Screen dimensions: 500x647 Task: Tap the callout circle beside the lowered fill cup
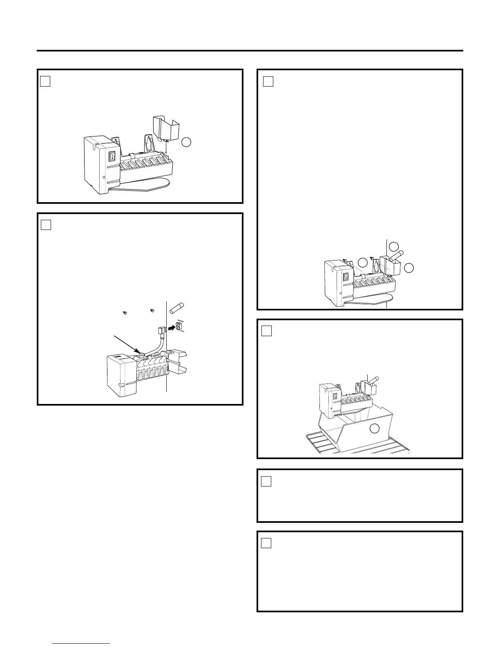point(186,142)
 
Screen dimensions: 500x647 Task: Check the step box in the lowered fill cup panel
point(45,82)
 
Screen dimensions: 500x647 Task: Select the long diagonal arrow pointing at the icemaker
point(128,343)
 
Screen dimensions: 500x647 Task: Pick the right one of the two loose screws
point(152,311)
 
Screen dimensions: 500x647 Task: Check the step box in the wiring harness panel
point(46,225)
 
